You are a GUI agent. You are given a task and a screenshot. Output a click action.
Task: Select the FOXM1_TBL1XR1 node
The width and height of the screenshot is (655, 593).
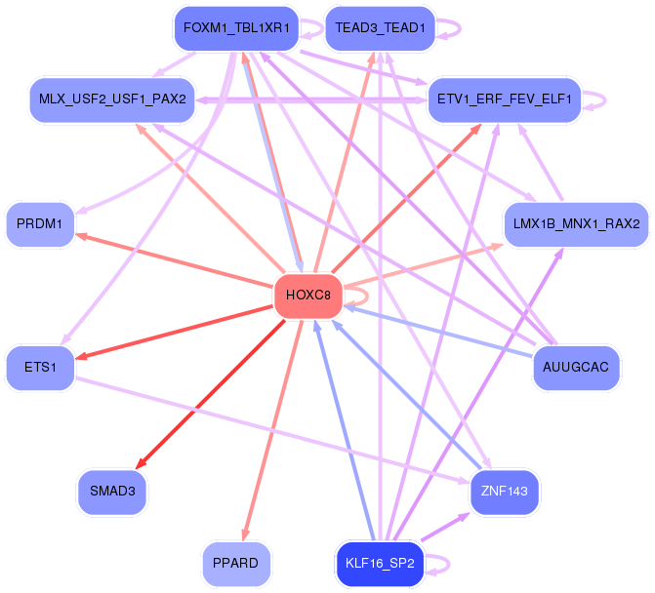tap(235, 28)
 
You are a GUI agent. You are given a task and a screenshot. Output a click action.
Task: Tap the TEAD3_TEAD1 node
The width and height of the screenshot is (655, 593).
tap(380, 28)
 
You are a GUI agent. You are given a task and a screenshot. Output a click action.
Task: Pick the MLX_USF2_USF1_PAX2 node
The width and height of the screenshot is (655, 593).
tap(112, 99)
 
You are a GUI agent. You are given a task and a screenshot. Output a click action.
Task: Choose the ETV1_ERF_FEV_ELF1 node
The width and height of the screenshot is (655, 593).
tap(505, 99)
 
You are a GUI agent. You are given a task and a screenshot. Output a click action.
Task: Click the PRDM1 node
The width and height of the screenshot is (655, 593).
tap(40, 224)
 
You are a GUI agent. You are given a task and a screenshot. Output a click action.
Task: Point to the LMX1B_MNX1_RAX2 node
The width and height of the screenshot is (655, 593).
tap(575, 223)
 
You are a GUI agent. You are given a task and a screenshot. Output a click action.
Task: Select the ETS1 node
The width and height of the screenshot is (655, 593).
tap(40, 367)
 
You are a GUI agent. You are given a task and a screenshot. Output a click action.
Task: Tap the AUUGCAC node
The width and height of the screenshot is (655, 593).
tap(577, 367)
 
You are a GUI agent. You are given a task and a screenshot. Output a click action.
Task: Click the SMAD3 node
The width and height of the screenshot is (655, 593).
tap(112, 491)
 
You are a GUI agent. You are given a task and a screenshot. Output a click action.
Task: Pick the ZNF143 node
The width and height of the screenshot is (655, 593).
tap(504, 491)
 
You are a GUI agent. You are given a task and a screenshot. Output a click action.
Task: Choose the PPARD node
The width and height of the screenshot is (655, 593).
tap(235, 563)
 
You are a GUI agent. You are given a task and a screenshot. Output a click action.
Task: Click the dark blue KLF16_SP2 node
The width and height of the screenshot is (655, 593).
tap(380, 563)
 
